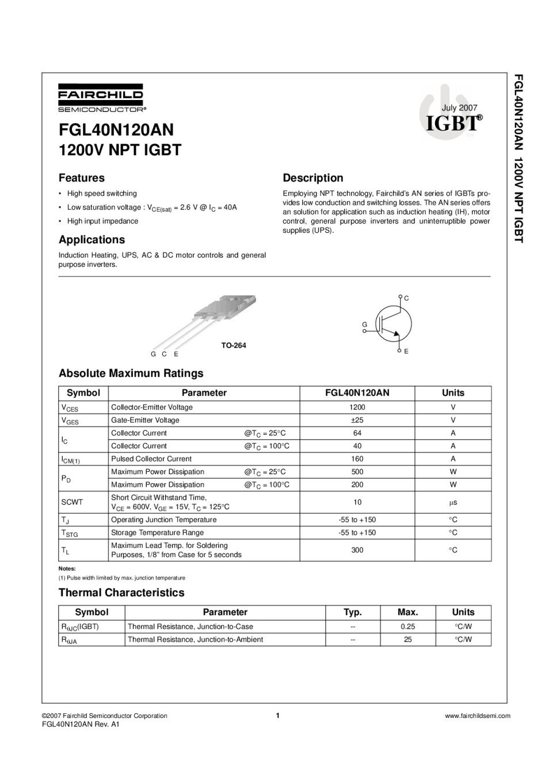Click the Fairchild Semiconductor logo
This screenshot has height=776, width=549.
tap(101, 98)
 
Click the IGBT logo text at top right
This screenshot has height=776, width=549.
tap(453, 122)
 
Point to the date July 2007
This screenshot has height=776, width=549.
tap(459, 107)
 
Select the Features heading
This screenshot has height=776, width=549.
tap(82, 178)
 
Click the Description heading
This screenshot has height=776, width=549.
tap(312, 178)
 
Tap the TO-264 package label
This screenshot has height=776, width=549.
tap(234, 345)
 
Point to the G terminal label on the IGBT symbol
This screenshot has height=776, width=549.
tap(364, 325)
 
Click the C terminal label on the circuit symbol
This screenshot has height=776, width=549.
tap(406, 298)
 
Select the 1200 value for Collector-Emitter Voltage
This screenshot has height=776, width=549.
tap(357, 407)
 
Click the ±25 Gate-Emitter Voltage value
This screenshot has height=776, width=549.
tap(357, 420)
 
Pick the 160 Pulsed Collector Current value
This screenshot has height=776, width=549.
tap(357, 459)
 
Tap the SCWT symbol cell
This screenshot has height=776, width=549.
tap(72, 502)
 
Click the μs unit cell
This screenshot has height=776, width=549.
tap(453, 502)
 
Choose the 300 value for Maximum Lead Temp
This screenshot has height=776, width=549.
tap(357, 550)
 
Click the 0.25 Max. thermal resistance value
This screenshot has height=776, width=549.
tap(407, 627)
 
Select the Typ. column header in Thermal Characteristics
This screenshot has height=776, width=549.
tap(352, 612)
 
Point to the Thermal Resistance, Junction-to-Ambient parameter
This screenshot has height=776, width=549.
tap(195, 639)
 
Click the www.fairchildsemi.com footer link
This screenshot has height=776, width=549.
tap(478, 716)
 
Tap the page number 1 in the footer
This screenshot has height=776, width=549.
tap(277, 716)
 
